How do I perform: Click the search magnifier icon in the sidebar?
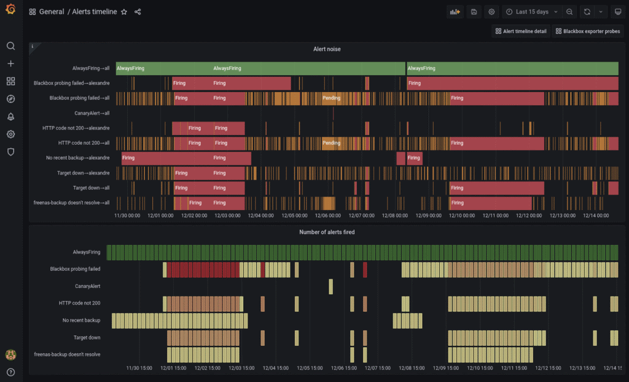click(10, 46)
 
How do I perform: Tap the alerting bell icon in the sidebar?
click(10, 117)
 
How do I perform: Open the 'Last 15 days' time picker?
click(531, 12)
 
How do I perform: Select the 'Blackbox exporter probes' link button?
click(587, 31)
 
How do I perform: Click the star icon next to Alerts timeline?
click(124, 12)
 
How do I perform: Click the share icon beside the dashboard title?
click(138, 12)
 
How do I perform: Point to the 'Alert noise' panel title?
click(327, 49)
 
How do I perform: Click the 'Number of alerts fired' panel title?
click(327, 232)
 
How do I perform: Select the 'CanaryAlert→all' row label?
click(87, 113)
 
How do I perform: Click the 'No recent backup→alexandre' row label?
click(77, 158)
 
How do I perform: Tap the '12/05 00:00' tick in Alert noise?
click(297, 216)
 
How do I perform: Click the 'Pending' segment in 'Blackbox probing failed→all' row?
click(331, 98)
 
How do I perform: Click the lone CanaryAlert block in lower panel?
click(330, 286)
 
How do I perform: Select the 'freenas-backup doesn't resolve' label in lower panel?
click(67, 354)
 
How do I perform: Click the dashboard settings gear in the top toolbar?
click(491, 12)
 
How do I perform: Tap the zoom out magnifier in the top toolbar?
click(569, 12)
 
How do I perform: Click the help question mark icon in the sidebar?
click(10, 372)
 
